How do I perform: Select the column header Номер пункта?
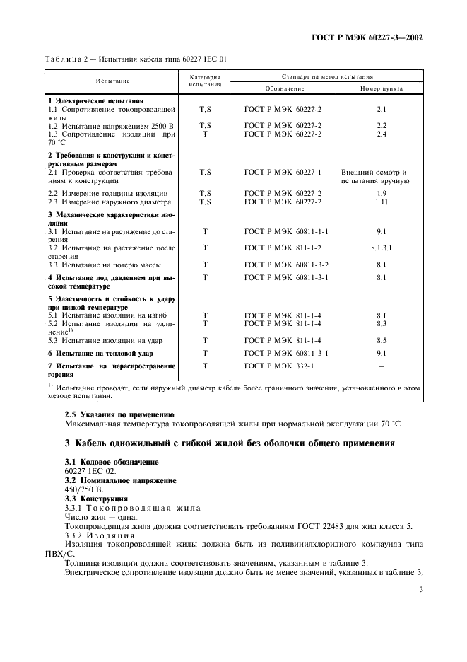tap(382, 90)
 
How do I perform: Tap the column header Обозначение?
tap(284, 90)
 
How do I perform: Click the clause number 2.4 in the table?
tap(382, 133)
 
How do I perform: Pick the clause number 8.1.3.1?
tap(382, 248)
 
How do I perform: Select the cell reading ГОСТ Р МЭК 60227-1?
tap(283, 172)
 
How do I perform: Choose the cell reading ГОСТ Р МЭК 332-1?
tap(278, 366)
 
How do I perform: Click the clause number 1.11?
tap(382, 202)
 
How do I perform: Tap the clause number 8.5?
tap(382, 340)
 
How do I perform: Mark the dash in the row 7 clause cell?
tap(382, 366)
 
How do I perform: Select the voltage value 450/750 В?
tap(84, 489)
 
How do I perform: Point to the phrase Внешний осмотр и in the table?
tap(374, 172)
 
